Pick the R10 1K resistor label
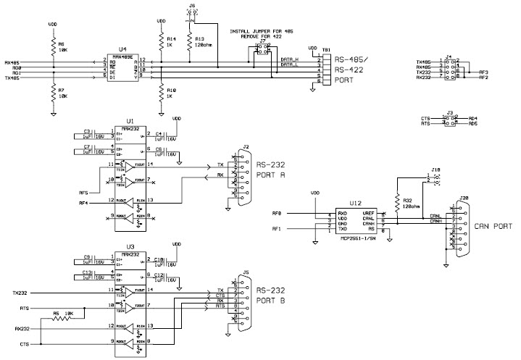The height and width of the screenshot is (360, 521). [171, 92]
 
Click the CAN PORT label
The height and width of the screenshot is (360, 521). [492, 227]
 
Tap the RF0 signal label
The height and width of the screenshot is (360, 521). [276, 214]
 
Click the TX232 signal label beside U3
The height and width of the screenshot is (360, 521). [20, 292]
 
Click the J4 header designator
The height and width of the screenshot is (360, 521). [449, 55]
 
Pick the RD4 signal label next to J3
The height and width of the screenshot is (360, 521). [473, 117]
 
